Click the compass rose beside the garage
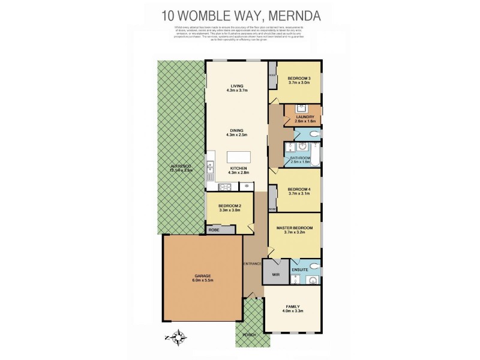[179, 340]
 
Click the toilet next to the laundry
[314, 133]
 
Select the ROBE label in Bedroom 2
[214, 229]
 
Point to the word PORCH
[250, 334]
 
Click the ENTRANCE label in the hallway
[253, 263]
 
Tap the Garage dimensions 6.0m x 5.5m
[202, 280]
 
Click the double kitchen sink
[210, 170]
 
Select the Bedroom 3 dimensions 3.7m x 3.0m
[299, 83]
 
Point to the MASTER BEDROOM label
[294, 227]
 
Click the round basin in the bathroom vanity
[302, 146]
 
